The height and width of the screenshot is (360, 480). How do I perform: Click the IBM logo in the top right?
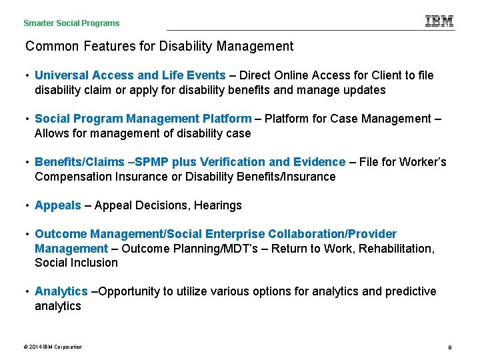click(x=439, y=21)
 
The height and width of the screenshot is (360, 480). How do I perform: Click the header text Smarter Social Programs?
click(x=71, y=23)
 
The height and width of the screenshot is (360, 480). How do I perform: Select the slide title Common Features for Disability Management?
click(x=159, y=47)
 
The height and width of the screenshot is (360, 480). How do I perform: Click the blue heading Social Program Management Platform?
click(x=143, y=119)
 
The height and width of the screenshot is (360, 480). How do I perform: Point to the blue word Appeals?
click(x=58, y=205)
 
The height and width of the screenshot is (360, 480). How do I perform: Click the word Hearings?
click(x=218, y=205)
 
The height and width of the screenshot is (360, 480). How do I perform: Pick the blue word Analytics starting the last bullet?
click(x=61, y=291)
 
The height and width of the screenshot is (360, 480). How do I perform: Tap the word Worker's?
click(x=422, y=162)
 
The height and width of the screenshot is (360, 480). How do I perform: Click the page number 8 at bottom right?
click(x=450, y=347)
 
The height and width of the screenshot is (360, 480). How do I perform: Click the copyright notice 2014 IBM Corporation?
click(x=53, y=347)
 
